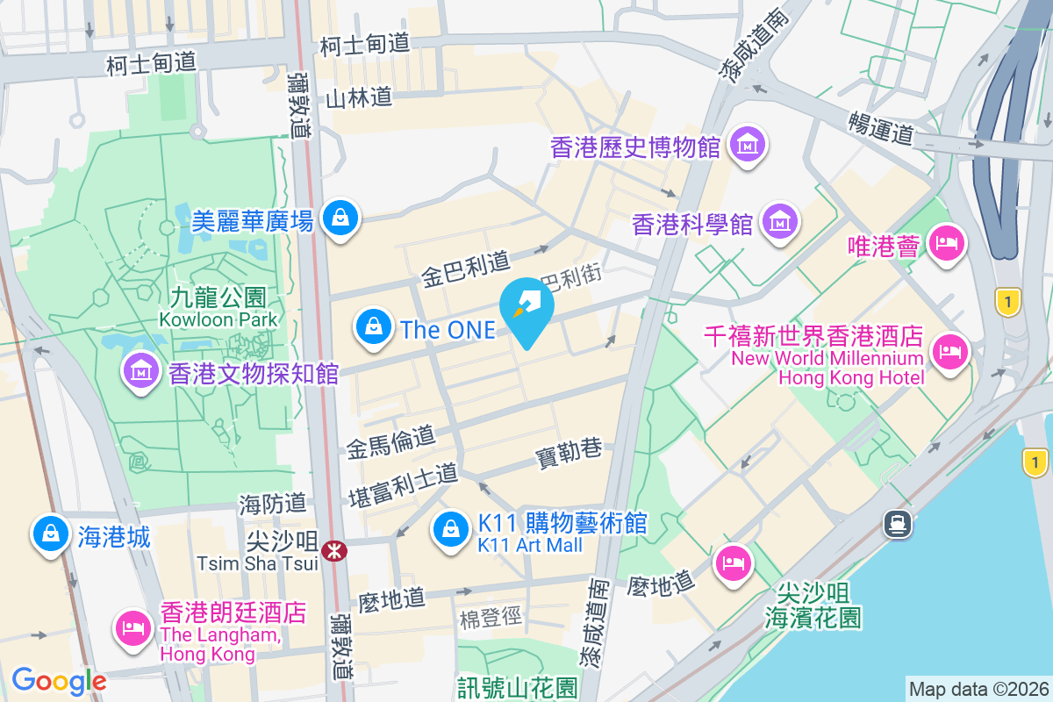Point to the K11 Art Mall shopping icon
450,528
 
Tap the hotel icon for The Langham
133,627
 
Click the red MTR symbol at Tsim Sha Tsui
334,551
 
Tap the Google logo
59,680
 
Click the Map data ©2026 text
978,689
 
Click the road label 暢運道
881,128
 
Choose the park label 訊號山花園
517,687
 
